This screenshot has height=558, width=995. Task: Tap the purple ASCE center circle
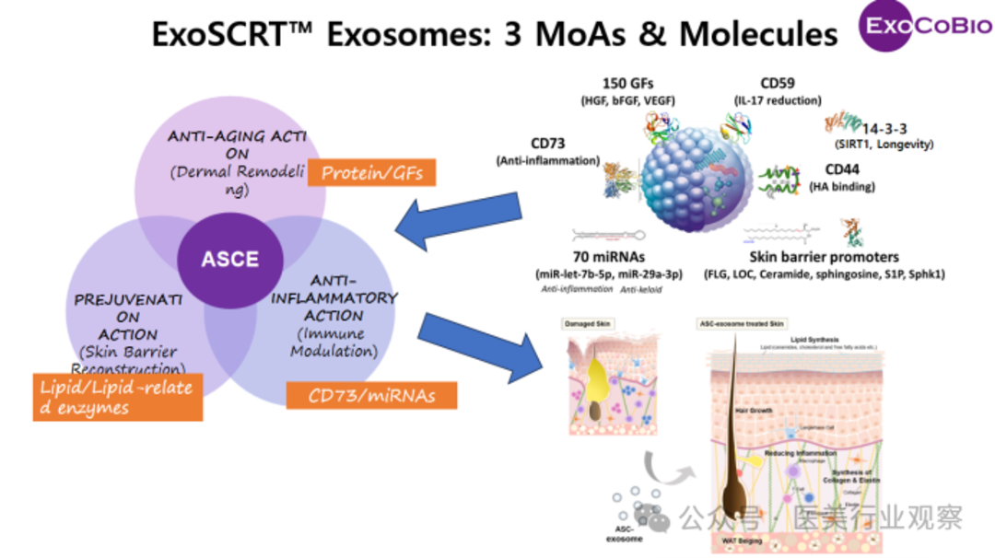pos(230,259)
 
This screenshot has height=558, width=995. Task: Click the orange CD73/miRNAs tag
pos(371,396)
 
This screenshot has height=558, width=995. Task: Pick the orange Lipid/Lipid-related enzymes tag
pos(116,397)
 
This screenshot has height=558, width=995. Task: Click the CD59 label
pos(782,84)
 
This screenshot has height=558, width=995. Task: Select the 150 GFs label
pos(628,84)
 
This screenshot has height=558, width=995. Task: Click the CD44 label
pos(829,170)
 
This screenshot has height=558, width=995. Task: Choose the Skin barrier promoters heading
pos(824,257)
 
